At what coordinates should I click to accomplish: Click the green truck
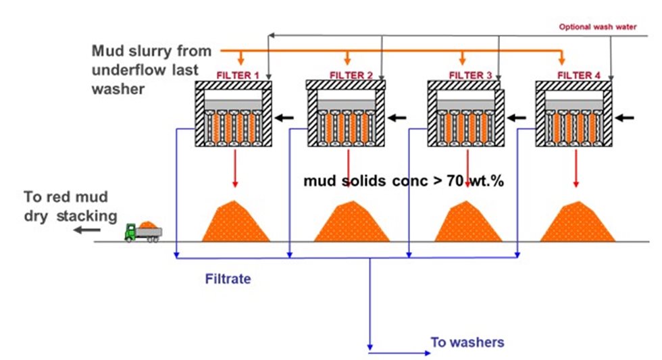143,231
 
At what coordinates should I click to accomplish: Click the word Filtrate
228,278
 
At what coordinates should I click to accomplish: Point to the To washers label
467,342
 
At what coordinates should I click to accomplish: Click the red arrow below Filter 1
235,169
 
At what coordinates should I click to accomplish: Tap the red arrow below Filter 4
576,169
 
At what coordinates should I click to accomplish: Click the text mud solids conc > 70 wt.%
404,181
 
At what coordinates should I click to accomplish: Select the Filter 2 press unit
346,113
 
